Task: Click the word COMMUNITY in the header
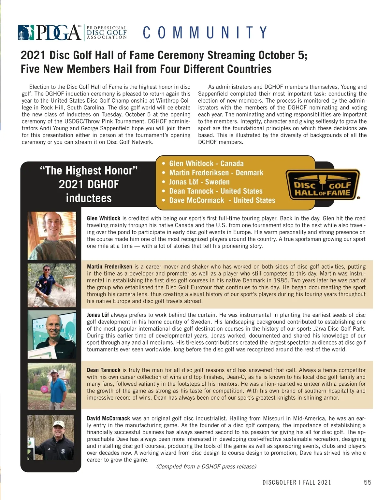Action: pyautogui.click(x=205, y=33)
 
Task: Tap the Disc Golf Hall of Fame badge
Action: pyautogui.click(x=323, y=184)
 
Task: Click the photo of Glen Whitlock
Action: pyautogui.click(x=52, y=236)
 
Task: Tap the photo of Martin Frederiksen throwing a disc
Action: pyautogui.click(x=52, y=285)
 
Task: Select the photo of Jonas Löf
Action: pyautogui.click(x=52, y=334)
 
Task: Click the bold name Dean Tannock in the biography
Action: pyautogui.click(x=104, y=370)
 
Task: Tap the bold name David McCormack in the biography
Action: pyautogui.click(x=108, y=418)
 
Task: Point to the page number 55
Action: pyautogui.click(x=367, y=482)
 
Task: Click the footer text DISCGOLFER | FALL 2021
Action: pyautogui.click(x=297, y=482)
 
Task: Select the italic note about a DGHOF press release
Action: pyautogui.click(x=206, y=466)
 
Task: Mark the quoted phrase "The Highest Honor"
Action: pyautogui.click(x=89, y=170)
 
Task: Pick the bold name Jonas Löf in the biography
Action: pyautogui.click(x=98, y=315)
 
